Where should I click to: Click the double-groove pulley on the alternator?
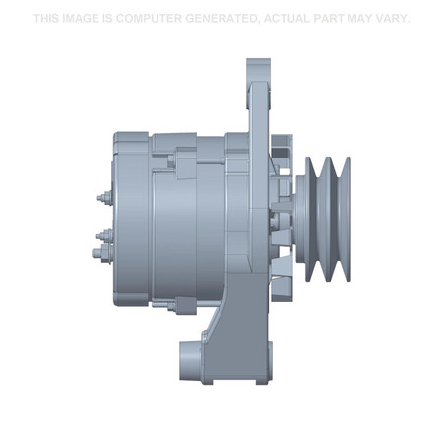325,215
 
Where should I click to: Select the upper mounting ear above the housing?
258,84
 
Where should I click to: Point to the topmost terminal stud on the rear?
102,196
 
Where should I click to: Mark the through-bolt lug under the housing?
179,304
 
